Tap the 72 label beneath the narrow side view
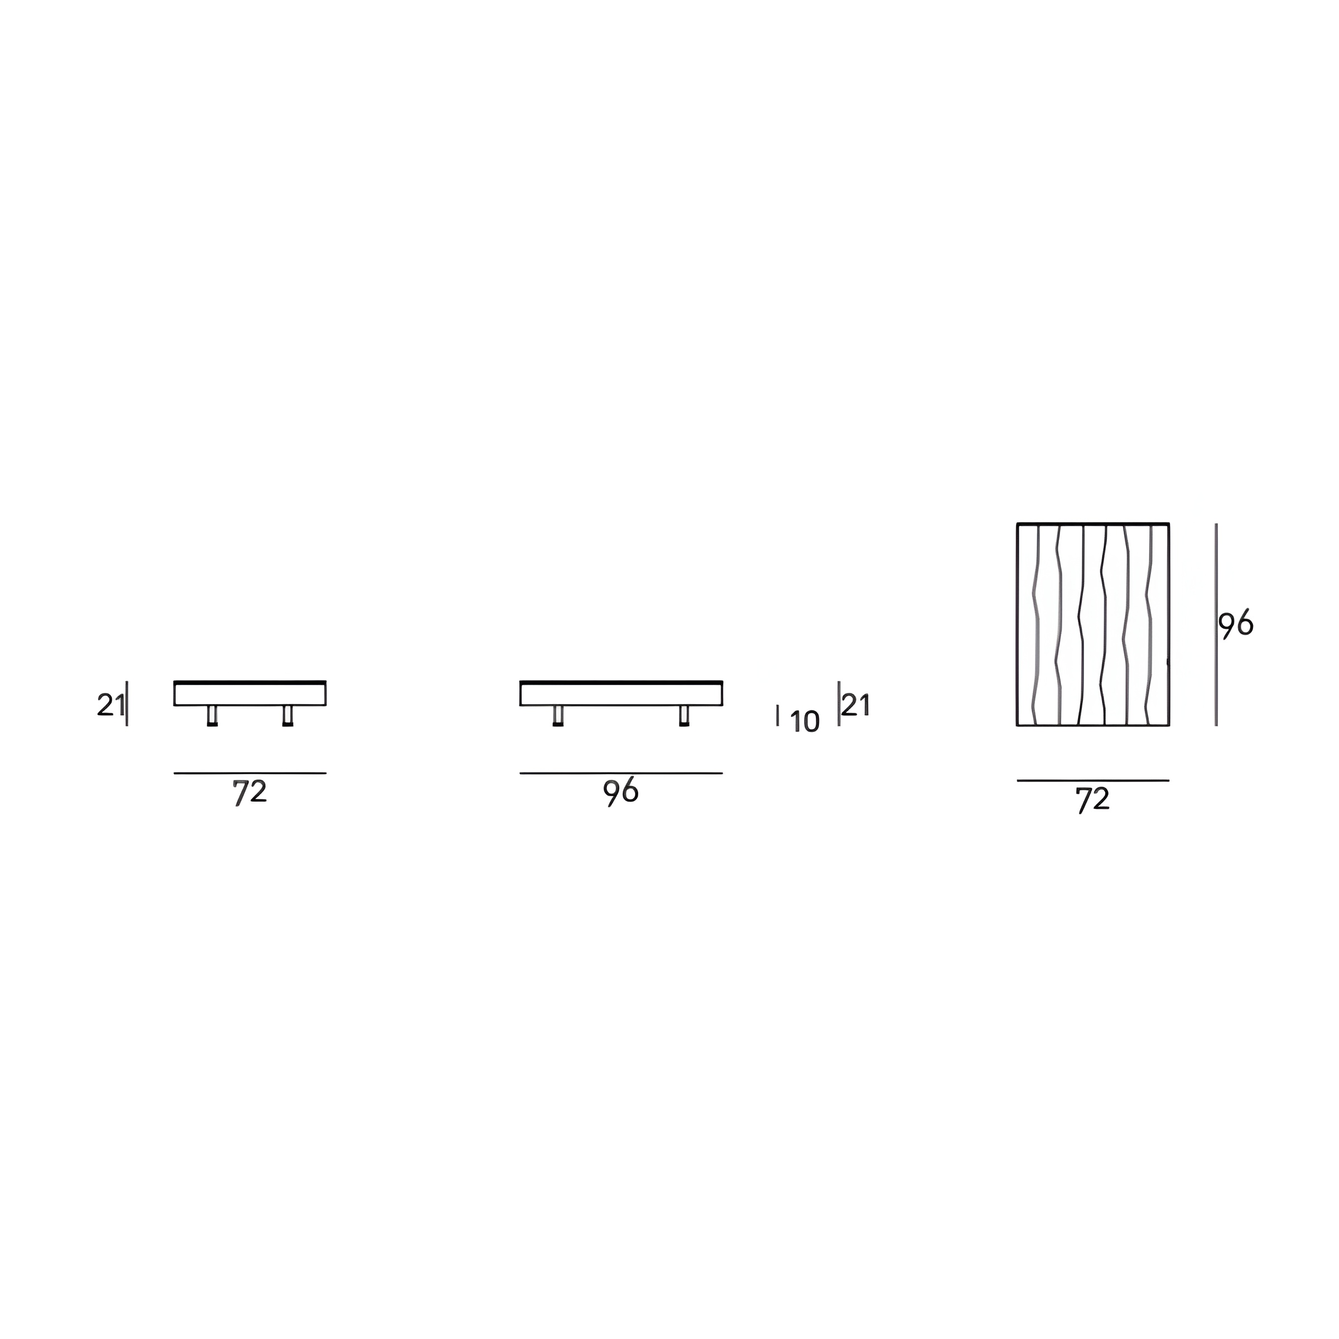(x=249, y=793)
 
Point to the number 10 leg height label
(x=805, y=722)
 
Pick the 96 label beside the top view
(x=1236, y=625)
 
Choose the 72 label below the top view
(x=1094, y=801)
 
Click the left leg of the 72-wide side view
(x=212, y=716)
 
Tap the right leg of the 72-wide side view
(x=288, y=716)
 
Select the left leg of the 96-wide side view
(x=558, y=716)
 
